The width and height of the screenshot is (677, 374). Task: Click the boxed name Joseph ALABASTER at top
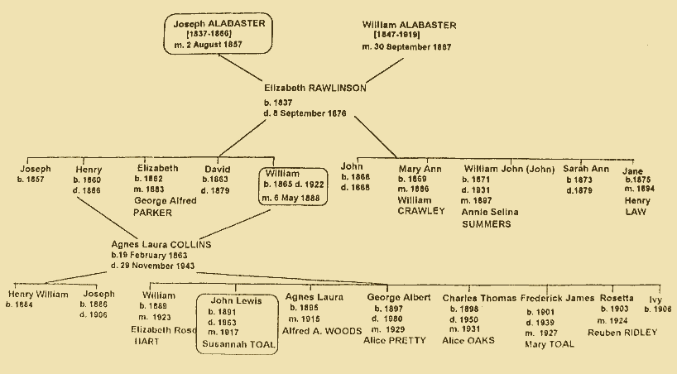coord(219,24)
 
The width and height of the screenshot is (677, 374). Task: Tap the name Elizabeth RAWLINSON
coord(315,87)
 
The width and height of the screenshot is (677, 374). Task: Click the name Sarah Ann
coord(587,168)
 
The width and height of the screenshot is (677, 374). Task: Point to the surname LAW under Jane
coord(634,213)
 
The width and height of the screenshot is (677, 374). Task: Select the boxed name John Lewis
coord(235,300)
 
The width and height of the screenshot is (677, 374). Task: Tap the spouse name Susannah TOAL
coord(237,341)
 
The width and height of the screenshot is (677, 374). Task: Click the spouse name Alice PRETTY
coord(395,340)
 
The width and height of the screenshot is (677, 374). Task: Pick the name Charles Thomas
coord(479,298)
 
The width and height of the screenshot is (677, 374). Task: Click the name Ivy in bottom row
coord(656,298)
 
